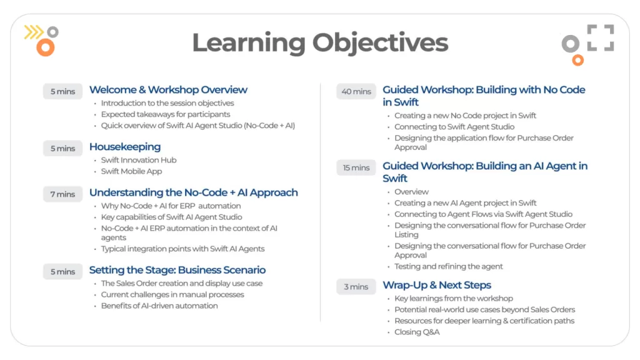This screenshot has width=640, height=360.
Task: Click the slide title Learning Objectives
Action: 320,43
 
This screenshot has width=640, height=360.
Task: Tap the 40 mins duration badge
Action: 356,91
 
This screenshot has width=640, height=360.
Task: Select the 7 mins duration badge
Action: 62,194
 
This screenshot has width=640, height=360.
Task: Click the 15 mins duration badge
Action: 356,167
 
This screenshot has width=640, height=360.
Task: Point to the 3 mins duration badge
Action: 356,287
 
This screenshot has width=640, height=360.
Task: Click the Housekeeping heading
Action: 125,146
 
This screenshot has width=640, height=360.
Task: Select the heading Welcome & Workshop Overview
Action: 168,90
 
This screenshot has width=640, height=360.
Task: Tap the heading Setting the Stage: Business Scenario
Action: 177,270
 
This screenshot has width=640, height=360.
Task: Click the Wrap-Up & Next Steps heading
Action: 437,285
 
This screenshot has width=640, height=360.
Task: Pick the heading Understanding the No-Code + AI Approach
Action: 194,192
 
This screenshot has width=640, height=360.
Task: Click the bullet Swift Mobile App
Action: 131,171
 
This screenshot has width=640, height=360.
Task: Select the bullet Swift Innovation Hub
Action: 139,160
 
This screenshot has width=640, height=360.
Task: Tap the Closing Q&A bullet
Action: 417,332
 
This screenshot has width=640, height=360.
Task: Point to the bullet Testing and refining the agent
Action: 449,266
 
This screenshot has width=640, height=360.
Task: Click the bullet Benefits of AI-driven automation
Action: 159,306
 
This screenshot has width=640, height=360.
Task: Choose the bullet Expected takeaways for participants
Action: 165,114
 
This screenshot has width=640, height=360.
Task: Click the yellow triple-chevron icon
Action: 34,32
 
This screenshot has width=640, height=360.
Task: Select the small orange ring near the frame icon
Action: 577,61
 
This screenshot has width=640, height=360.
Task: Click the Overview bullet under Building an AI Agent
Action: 411,192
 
